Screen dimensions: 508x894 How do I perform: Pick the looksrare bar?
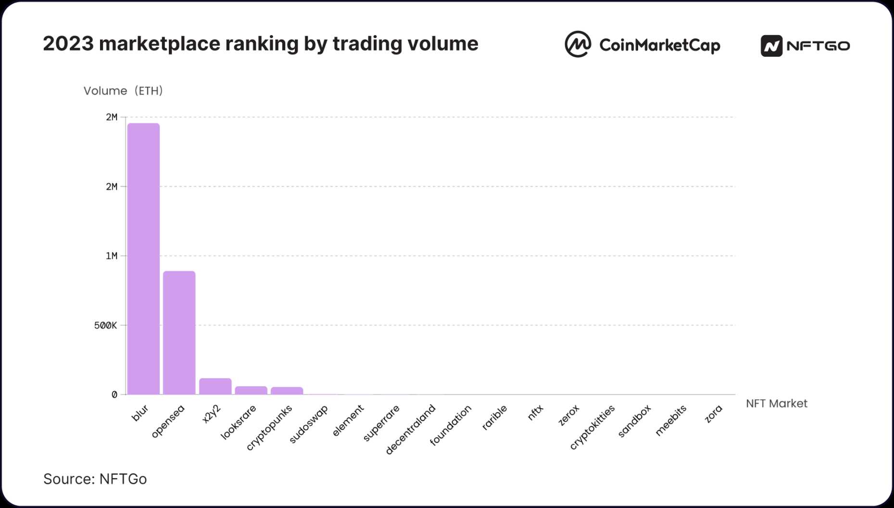coord(251,390)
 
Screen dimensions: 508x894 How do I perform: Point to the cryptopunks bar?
coord(287,391)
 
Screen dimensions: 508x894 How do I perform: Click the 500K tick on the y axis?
coord(105,326)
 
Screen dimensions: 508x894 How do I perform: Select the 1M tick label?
coord(112,256)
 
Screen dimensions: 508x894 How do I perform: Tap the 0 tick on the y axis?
coord(114,395)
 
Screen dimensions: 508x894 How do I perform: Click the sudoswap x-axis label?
coord(309,424)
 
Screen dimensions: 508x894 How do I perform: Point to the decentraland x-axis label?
coord(410,430)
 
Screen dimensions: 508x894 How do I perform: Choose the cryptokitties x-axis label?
coord(592,427)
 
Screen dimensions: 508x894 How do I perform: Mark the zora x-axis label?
coord(713,414)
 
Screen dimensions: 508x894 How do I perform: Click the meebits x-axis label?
coord(671,420)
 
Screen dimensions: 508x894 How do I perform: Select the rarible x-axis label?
coord(494,418)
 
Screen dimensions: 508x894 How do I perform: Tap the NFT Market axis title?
coord(776,404)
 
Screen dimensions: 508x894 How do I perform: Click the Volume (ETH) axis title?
coord(123,91)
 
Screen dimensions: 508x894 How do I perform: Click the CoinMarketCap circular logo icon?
coord(578,44)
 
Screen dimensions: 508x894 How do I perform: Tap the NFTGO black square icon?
coord(771,46)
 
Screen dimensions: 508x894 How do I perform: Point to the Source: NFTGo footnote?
coord(95,479)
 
